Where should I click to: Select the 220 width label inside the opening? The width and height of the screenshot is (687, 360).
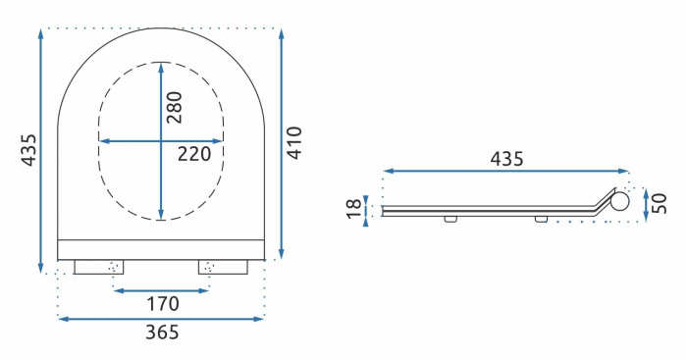click(x=195, y=154)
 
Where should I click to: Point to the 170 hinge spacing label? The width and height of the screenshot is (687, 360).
click(x=162, y=304)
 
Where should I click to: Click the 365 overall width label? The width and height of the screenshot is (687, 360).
click(x=162, y=333)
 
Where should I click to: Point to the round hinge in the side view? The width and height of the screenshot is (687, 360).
click(x=620, y=202)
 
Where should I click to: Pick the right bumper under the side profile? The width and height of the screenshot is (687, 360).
click(x=541, y=219)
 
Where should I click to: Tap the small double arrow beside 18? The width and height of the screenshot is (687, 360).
click(x=367, y=208)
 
